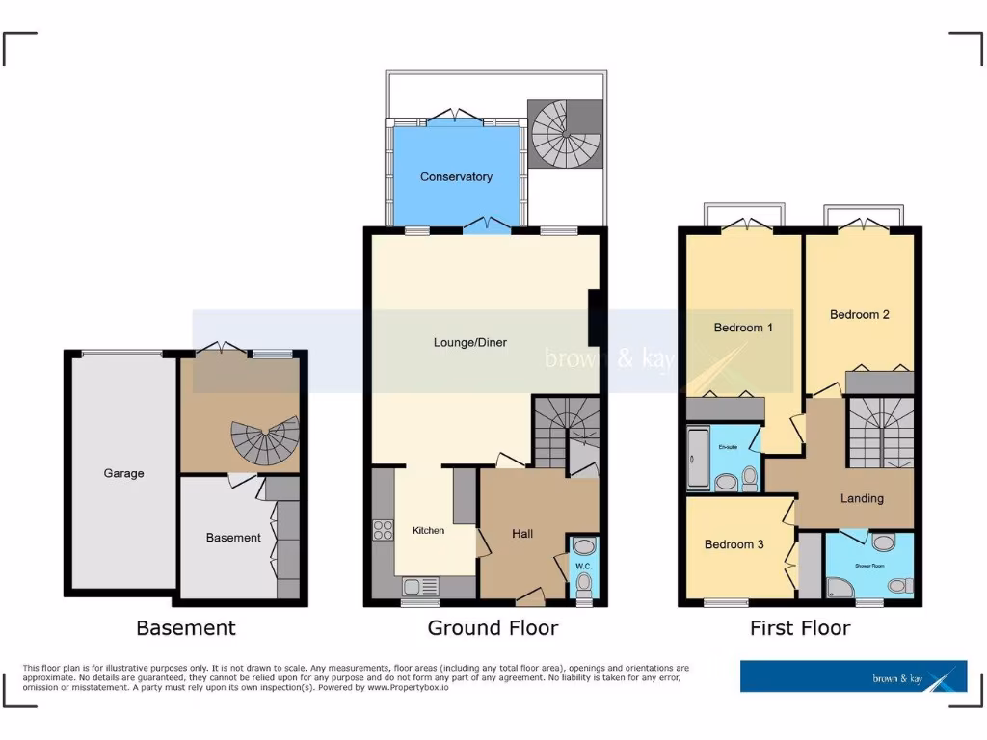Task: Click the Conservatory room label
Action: [x=456, y=177]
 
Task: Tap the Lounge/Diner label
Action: [x=469, y=342]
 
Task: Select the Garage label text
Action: [x=124, y=473]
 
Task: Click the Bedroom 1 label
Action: [x=743, y=328]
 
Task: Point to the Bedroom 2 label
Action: [x=859, y=314]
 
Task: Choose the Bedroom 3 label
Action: [x=734, y=544]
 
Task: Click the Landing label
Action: [x=862, y=498]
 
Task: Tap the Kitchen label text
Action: [x=429, y=531]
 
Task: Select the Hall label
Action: [x=522, y=534]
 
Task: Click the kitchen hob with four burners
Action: [x=382, y=529]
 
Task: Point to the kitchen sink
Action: [x=420, y=586]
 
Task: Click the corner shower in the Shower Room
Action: [x=839, y=586]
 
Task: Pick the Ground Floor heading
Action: [x=493, y=628]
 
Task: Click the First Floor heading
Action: [x=800, y=628]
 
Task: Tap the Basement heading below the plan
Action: [x=186, y=628]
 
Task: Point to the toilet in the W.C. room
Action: [x=584, y=581]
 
